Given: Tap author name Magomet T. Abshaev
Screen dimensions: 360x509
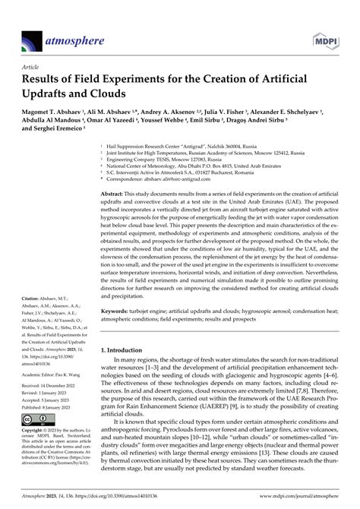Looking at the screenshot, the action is click(x=50, y=111).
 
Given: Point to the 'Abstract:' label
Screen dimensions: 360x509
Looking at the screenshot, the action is click(x=116, y=195).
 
